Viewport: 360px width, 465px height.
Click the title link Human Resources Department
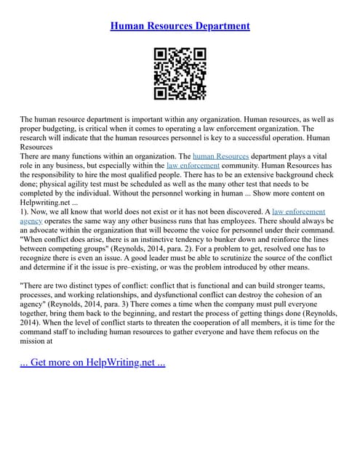click(180, 25)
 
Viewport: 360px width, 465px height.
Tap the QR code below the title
click(180, 73)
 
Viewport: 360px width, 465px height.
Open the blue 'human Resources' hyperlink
click(220, 155)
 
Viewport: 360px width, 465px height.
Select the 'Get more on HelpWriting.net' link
click(92, 362)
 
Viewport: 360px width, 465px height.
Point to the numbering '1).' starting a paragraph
click(25, 211)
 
